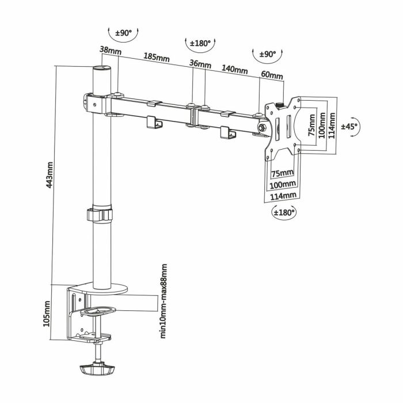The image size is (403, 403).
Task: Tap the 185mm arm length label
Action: click(x=156, y=58)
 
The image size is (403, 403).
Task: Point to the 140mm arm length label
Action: click(x=234, y=70)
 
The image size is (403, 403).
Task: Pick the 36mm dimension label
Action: click(x=200, y=64)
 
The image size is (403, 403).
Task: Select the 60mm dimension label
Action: click(x=272, y=75)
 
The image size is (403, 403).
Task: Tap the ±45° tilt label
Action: click(x=349, y=126)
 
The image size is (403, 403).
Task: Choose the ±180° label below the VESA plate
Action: click(x=283, y=212)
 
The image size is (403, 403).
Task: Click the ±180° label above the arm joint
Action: click(x=202, y=43)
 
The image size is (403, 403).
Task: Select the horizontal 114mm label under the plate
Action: click(x=283, y=195)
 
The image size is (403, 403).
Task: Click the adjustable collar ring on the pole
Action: click(x=101, y=215)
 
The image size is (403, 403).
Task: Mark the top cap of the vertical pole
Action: click(x=101, y=69)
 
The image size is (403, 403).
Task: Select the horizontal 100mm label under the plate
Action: click(x=283, y=184)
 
